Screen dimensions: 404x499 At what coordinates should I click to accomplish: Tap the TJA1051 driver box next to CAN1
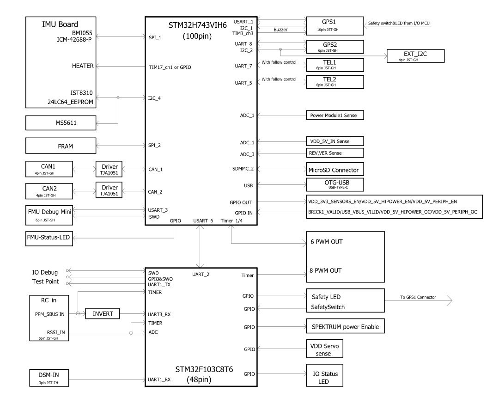point(110,169)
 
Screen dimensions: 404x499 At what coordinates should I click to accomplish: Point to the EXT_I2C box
point(415,56)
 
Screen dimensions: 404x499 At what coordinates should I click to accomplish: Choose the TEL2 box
point(329,81)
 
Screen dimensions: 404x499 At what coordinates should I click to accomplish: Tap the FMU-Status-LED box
point(49,239)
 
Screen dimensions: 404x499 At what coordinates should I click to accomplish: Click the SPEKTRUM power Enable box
point(345,327)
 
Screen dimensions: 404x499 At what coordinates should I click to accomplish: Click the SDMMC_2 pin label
point(243,169)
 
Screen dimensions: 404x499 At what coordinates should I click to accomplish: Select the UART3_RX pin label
point(159,314)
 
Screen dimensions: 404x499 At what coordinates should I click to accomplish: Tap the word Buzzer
point(280,30)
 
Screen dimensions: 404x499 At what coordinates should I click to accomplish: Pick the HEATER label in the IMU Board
point(83,66)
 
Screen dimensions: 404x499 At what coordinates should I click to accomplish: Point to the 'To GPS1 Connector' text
point(418,297)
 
